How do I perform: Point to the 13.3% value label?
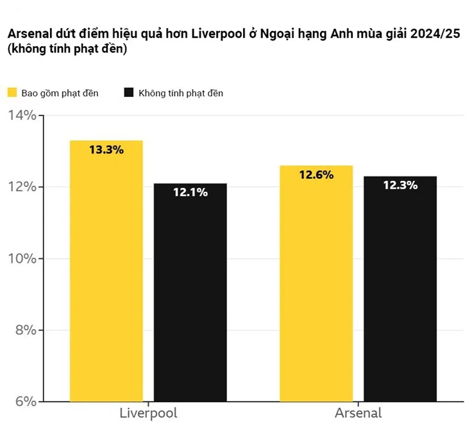point(106,150)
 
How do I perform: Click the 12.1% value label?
point(190,192)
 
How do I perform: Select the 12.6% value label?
point(316,174)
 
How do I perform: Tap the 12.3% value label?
point(400,185)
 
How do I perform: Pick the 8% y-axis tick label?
point(25,330)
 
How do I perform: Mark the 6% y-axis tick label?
point(25,401)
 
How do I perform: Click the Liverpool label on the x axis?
point(148,412)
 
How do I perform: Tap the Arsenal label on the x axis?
point(358,412)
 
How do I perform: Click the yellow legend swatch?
point(12,93)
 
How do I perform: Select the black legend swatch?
point(128,93)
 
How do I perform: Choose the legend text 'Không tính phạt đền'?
point(181,93)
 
